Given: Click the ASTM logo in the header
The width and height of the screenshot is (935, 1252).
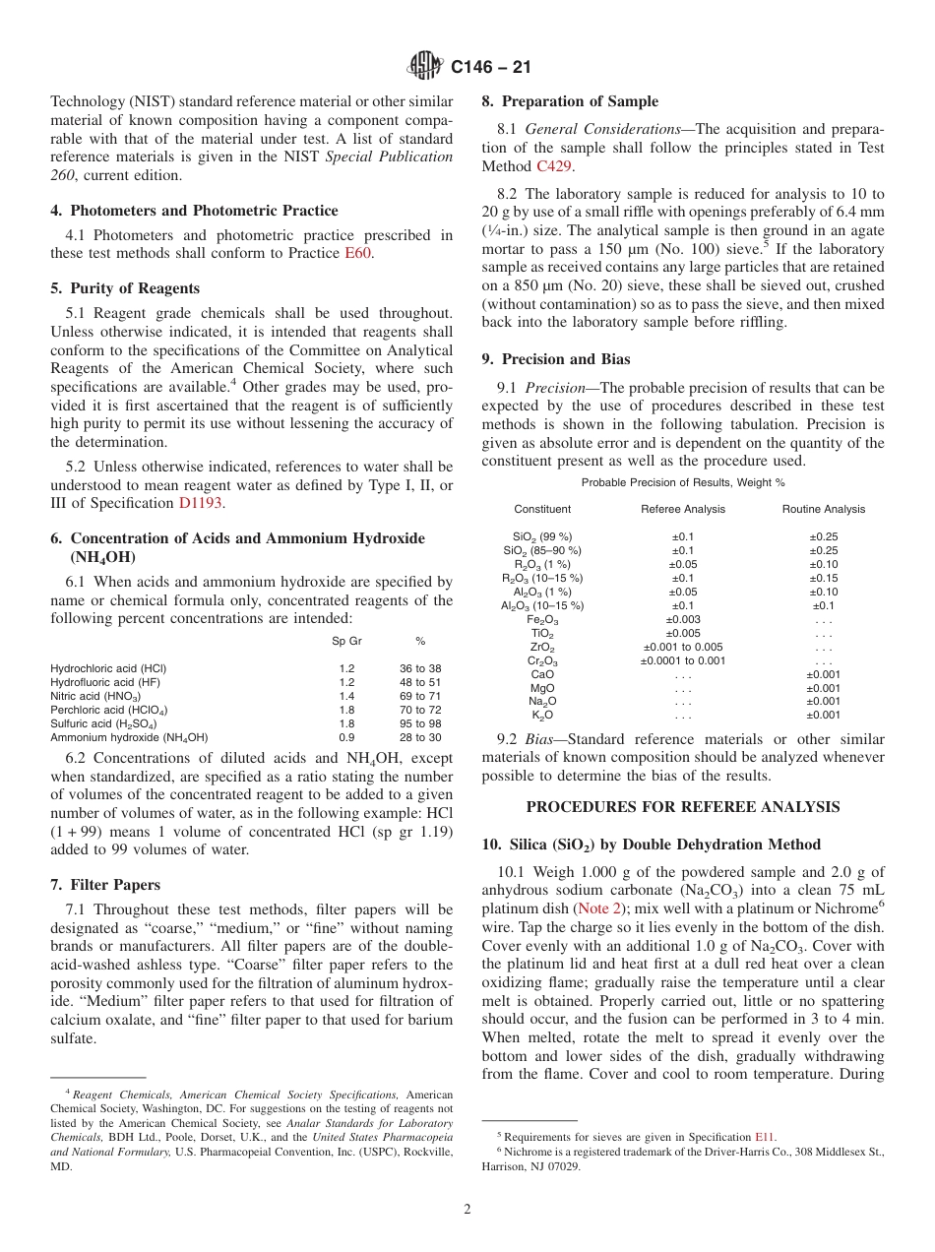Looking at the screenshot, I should coord(425,66).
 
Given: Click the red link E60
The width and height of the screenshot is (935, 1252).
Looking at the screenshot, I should coord(358,253).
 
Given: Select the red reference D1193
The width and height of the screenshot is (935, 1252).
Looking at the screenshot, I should coord(202,503).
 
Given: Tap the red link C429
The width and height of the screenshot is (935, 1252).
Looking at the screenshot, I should coord(553,166).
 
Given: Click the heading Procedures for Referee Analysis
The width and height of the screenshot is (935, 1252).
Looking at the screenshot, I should coord(683,807).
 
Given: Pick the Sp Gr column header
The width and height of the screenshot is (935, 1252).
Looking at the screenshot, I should coord(346,642).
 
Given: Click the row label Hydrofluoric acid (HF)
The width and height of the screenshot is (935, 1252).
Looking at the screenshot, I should coord(107,682).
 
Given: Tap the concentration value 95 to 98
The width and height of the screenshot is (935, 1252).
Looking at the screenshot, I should coord(420,723).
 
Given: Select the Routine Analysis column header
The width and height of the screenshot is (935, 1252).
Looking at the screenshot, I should coord(824,509).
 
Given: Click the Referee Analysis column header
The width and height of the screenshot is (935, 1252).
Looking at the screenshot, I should coord(683,509).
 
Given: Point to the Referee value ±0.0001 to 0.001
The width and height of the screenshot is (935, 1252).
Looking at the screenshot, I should coord(683,660).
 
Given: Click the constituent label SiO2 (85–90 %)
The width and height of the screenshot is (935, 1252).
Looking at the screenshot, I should coord(542,550).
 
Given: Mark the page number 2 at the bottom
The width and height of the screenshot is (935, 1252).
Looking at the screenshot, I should coord(467,1210).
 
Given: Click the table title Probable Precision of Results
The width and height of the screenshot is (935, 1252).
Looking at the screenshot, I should coord(683,482).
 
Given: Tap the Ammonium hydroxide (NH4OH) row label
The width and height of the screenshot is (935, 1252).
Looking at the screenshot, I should coord(129,737).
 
